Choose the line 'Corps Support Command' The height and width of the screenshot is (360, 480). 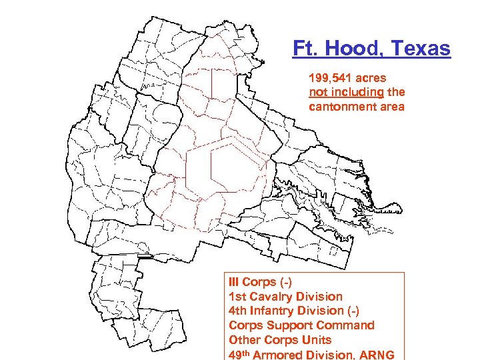pos(301,325)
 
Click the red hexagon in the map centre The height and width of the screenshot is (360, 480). pos(227,165)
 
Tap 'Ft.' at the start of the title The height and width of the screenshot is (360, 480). pos(303,49)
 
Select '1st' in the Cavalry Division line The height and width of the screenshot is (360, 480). pos(237,297)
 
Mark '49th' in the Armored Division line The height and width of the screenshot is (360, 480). pos(240,354)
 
